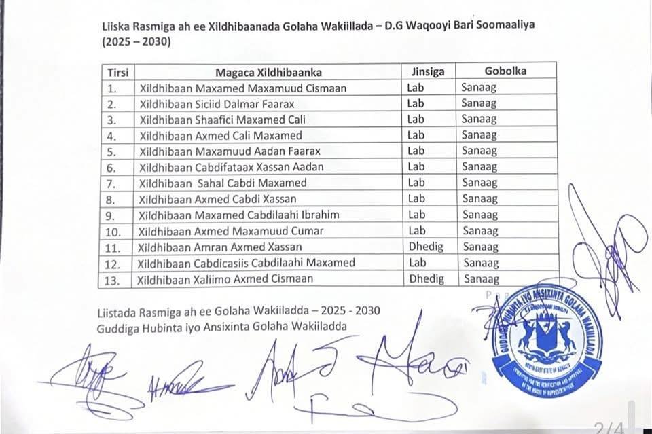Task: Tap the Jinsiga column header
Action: click(x=428, y=71)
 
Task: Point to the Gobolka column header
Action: click(x=505, y=71)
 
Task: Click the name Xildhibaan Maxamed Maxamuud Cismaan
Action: click(x=242, y=88)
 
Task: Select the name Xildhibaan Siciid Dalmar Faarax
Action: click(x=217, y=104)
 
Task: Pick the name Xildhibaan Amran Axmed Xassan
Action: click(x=219, y=247)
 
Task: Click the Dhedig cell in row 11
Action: click(x=426, y=247)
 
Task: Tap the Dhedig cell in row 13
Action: click(x=427, y=278)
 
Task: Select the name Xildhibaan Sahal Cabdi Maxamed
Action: click(x=222, y=183)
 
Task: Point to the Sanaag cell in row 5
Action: click(x=479, y=151)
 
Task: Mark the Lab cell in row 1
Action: click(x=416, y=88)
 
